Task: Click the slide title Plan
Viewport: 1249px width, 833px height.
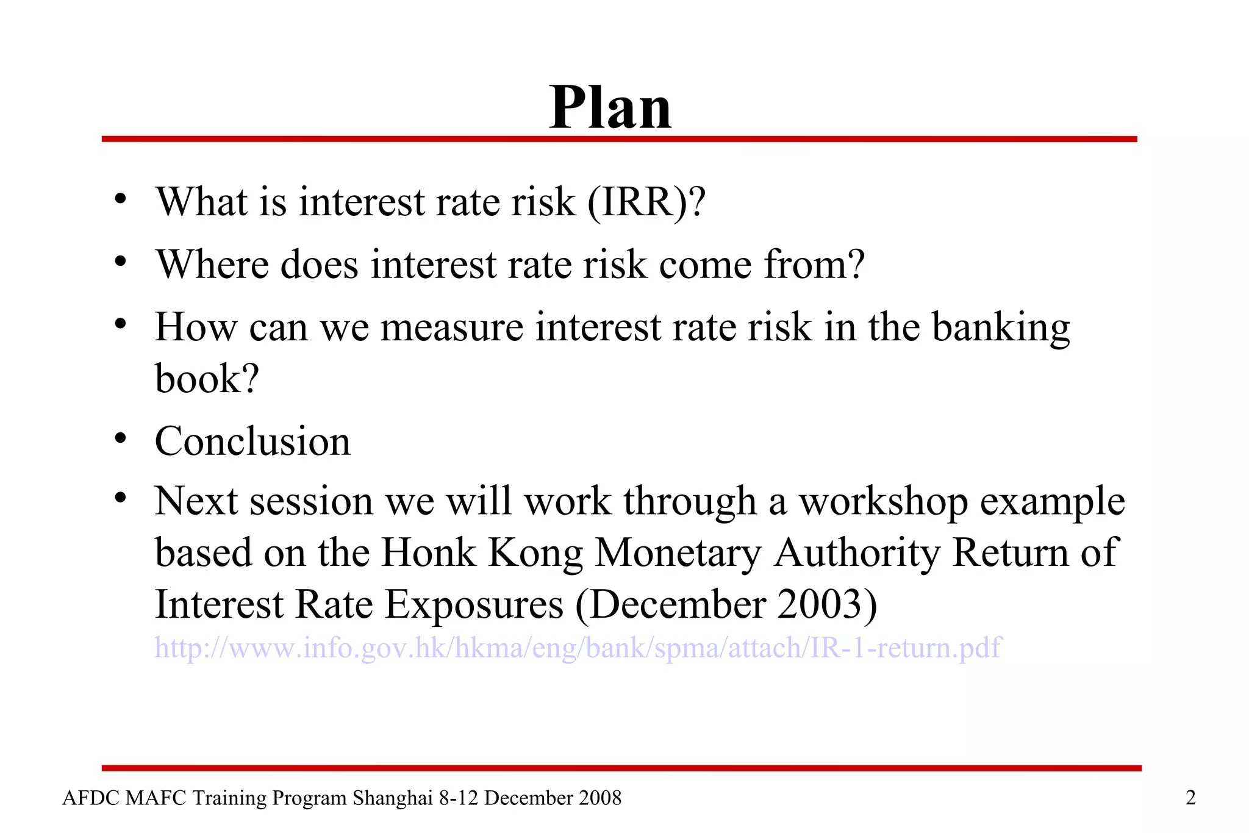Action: coord(610,108)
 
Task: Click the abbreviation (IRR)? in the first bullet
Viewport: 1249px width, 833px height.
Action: coord(646,202)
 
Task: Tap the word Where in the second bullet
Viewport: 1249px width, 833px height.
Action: coord(212,265)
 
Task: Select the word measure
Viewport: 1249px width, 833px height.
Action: coord(452,327)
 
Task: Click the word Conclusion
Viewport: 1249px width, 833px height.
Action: coord(252,442)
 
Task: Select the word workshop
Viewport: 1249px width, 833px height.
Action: coord(884,502)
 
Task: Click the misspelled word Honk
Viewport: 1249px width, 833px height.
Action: coord(428,553)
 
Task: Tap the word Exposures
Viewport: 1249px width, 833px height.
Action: coord(474,605)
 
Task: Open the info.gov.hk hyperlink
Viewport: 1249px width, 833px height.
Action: coord(578,648)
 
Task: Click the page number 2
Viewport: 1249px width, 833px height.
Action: coord(1190,798)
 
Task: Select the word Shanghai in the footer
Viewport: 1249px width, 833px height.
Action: coord(393,798)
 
